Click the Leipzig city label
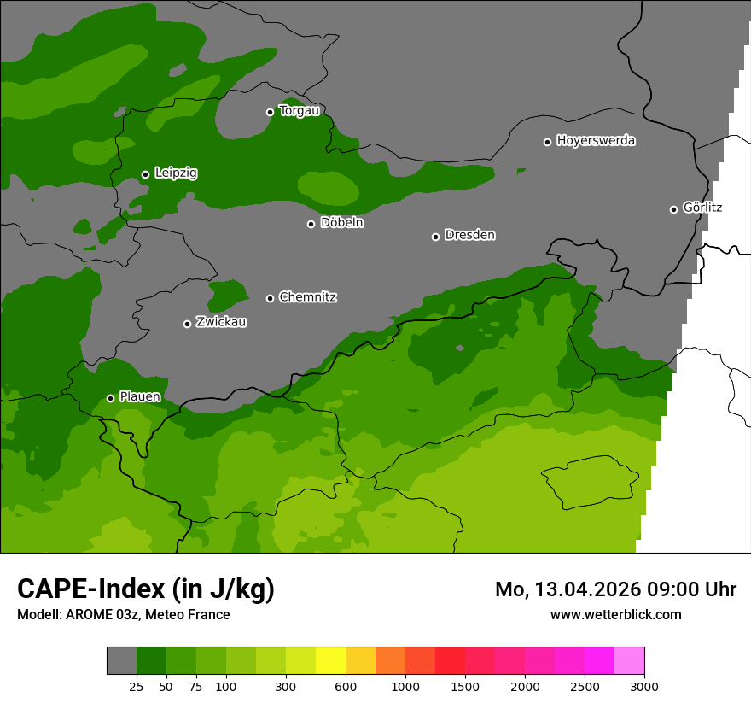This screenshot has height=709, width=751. (x=176, y=173)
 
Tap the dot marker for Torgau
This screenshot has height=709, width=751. (x=270, y=112)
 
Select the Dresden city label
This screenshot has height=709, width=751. (x=469, y=235)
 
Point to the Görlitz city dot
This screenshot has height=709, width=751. (x=673, y=209)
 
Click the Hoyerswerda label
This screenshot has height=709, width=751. (x=596, y=141)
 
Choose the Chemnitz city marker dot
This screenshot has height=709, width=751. (x=270, y=298)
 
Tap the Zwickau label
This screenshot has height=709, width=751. (x=221, y=322)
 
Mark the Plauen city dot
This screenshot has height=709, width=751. (x=110, y=398)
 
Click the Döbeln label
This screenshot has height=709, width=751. (x=341, y=223)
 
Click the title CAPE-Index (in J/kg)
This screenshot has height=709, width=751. (x=146, y=589)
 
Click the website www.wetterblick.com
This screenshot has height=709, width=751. (x=615, y=614)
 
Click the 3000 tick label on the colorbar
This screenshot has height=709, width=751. (x=643, y=687)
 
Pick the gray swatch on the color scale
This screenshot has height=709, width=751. (x=121, y=660)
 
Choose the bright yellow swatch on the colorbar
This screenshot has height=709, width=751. (x=330, y=660)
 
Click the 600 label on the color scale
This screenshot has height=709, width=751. (x=346, y=687)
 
